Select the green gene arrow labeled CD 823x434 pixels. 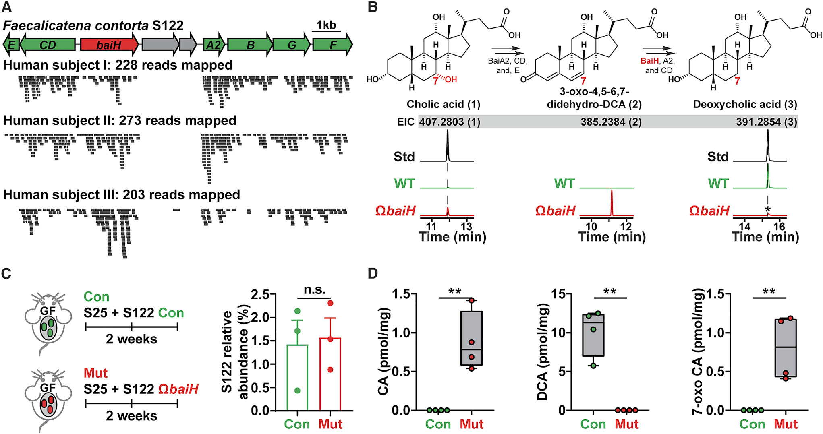click(48, 45)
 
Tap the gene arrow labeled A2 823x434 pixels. click(213, 45)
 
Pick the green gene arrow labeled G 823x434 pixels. click(292, 45)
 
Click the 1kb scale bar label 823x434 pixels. click(326, 25)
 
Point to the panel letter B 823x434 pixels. click(373, 7)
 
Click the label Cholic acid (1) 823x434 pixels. click(443, 105)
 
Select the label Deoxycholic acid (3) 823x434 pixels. click(745, 105)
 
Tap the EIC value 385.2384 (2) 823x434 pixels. click(611, 122)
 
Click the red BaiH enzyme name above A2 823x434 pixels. click(649, 61)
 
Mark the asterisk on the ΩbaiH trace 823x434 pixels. click(768, 210)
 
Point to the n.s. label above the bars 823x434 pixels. click(315, 290)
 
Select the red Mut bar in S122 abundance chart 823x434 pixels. click(330, 374)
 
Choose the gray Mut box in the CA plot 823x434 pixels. click(471, 338)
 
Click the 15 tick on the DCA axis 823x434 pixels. click(558, 294)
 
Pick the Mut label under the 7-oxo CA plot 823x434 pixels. click(786, 424)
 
